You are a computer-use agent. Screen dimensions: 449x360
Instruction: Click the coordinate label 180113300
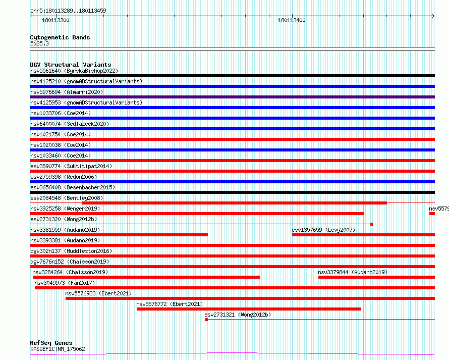(x=55, y=20)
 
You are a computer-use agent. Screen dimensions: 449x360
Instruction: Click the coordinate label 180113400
(x=292, y=20)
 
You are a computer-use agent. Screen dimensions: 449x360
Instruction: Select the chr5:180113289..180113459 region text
(x=68, y=11)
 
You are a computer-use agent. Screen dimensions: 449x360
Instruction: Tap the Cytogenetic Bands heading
(x=60, y=37)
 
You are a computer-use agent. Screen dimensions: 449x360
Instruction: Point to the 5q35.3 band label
(x=39, y=43)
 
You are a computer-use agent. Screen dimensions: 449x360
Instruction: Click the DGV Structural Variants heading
(x=71, y=65)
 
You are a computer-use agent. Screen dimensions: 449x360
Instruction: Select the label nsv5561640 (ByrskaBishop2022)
(x=74, y=71)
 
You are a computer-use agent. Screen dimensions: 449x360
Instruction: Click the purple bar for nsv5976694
(x=232, y=97)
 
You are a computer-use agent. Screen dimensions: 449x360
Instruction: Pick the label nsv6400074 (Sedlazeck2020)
(x=70, y=124)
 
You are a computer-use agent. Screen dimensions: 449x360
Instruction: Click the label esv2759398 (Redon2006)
(x=64, y=177)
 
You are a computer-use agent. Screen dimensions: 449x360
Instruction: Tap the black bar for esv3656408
(x=232, y=192)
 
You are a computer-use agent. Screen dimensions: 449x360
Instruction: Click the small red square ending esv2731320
(x=371, y=224)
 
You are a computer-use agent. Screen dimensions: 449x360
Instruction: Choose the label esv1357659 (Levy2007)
(x=323, y=230)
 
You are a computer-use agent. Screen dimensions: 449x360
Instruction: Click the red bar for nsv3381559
(x=119, y=235)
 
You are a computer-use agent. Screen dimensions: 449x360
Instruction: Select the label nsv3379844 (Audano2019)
(x=353, y=272)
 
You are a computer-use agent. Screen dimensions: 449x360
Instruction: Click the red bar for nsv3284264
(x=146, y=277)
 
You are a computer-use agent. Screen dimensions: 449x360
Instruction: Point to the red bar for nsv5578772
(x=249, y=309)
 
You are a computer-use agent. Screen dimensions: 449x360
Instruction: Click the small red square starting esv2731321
(x=206, y=320)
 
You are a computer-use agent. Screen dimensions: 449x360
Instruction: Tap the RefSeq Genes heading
(x=51, y=343)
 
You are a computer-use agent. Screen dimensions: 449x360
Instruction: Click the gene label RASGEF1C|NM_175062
(x=58, y=349)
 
